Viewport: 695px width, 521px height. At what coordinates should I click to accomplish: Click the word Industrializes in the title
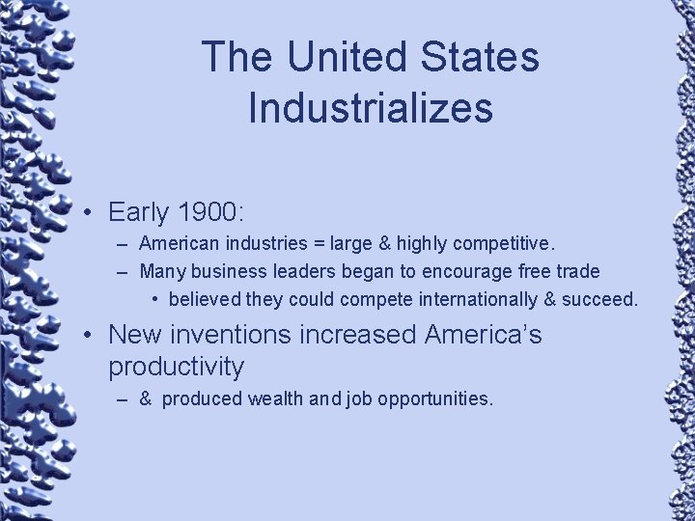[x=371, y=107]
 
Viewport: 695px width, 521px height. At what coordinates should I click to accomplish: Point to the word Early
[x=138, y=212]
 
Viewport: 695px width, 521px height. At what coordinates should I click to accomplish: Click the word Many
[x=163, y=272]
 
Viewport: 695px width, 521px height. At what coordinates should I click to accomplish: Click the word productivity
[x=176, y=367]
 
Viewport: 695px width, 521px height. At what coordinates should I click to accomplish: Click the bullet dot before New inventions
[x=87, y=335]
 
